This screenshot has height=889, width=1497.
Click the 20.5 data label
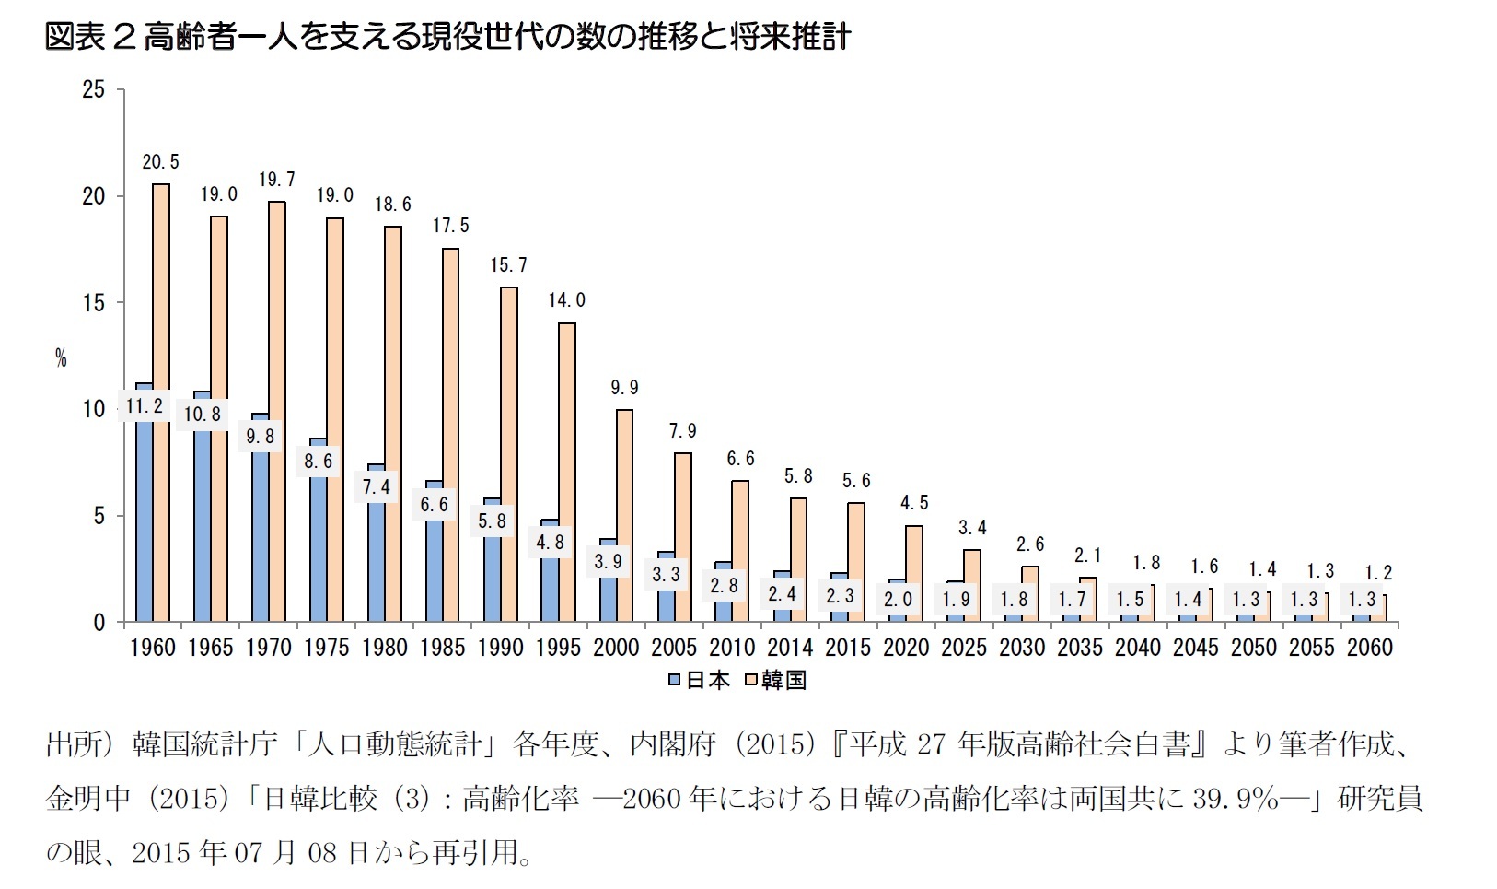coord(160,162)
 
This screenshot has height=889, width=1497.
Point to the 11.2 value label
coord(145,405)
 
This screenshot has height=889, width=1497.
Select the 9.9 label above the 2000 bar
coord(624,388)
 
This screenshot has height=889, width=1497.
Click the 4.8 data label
coord(551,543)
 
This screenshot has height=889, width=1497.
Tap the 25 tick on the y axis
coord(94,89)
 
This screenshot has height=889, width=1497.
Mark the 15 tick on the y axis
coord(94,303)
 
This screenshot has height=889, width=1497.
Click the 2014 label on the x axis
coord(790,648)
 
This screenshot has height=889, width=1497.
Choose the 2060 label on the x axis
coord(1369,648)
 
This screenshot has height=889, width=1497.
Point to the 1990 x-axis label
coord(500,648)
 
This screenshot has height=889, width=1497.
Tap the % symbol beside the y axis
coord(61,358)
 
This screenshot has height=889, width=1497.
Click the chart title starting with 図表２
coord(447,37)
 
